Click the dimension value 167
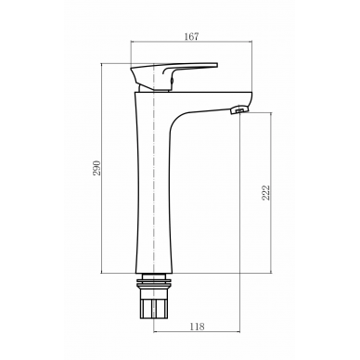[x=191, y=36]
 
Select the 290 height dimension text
[x=97, y=168]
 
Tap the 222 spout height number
[x=266, y=193]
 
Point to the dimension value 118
[x=198, y=327]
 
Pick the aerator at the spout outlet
[x=238, y=110]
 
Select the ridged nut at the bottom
[x=154, y=308]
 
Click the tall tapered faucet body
[x=154, y=186]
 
